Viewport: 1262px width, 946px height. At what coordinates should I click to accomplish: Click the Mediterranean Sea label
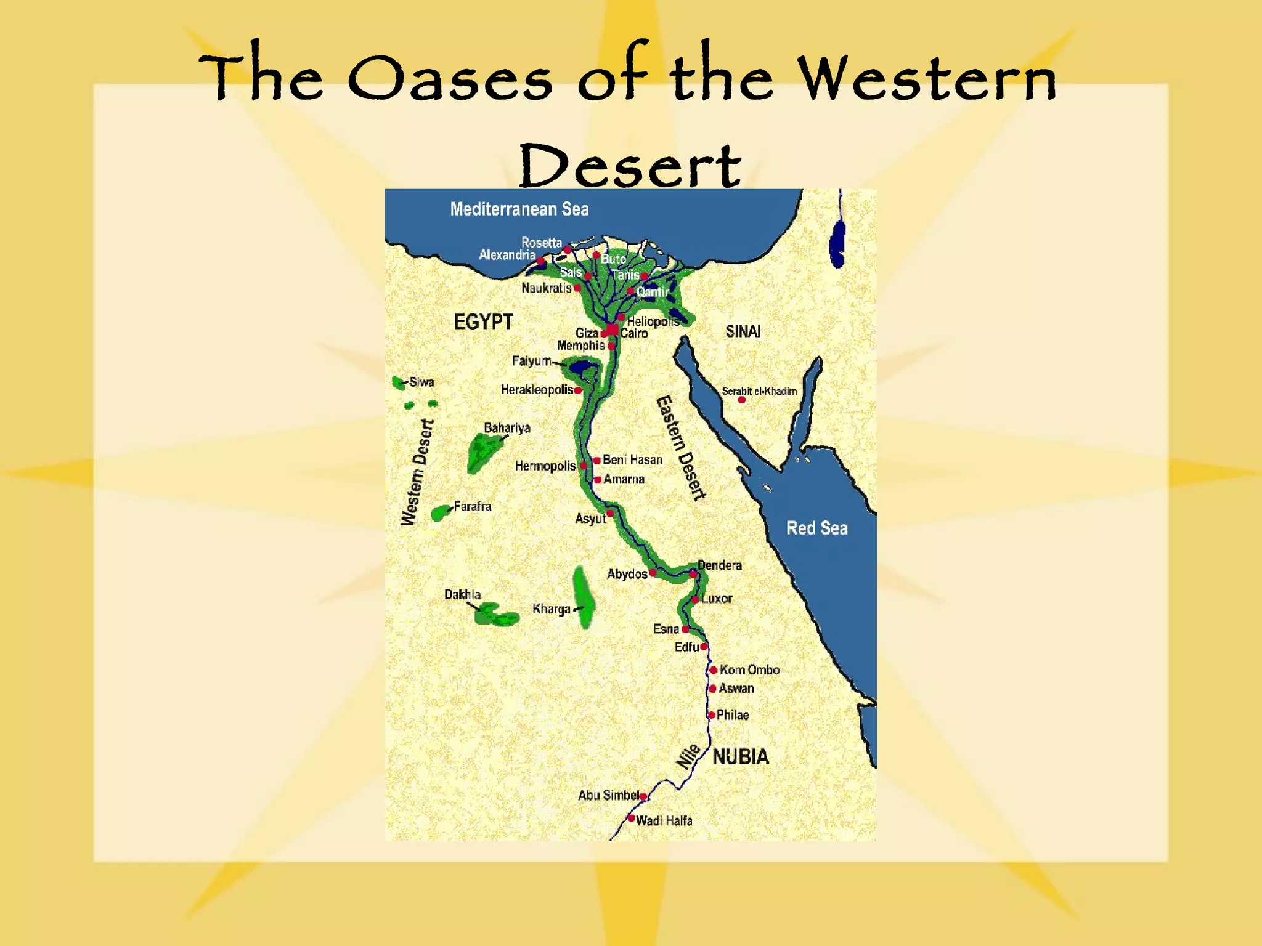click(519, 209)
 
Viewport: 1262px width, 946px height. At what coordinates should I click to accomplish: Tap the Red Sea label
click(816, 528)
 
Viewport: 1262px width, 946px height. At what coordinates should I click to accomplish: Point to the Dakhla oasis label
click(462, 595)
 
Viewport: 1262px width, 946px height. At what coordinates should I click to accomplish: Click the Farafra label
click(473, 507)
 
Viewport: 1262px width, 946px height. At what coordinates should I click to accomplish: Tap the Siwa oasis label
click(421, 382)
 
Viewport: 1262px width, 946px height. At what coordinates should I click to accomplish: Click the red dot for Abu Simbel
click(643, 797)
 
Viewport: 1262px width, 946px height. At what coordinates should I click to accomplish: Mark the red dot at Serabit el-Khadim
click(742, 400)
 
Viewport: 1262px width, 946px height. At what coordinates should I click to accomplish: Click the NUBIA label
click(741, 757)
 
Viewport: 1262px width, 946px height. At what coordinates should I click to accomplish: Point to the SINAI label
click(743, 332)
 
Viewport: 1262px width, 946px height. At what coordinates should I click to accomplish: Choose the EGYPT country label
click(483, 322)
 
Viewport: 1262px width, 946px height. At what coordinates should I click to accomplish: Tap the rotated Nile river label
click(688, 756)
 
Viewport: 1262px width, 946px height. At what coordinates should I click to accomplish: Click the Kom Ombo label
click(749, 670)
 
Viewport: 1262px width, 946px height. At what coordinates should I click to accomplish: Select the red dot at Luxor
click(695, 599)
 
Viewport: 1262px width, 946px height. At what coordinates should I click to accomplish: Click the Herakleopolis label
click(537, 390)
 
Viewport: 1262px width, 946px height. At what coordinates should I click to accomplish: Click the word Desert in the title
click(630, 166)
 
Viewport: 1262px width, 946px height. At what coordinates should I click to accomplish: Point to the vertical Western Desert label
click(417, 472)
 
